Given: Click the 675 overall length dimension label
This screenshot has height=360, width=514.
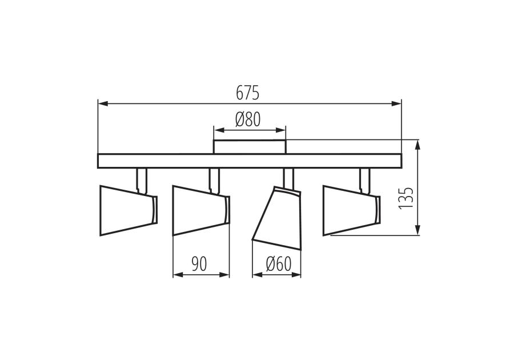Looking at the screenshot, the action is coord(248,93).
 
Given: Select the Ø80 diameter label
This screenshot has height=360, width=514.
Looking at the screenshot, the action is coord(248,119).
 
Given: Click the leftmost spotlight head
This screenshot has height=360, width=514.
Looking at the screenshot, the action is coord(128,210).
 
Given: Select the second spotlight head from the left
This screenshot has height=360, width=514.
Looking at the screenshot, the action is coord(201,210).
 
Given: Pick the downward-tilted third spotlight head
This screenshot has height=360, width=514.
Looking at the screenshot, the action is coord(278,218).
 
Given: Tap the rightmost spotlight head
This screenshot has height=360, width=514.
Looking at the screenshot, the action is coord(352,210).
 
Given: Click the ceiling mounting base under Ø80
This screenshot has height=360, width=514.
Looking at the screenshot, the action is coord(250,146).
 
